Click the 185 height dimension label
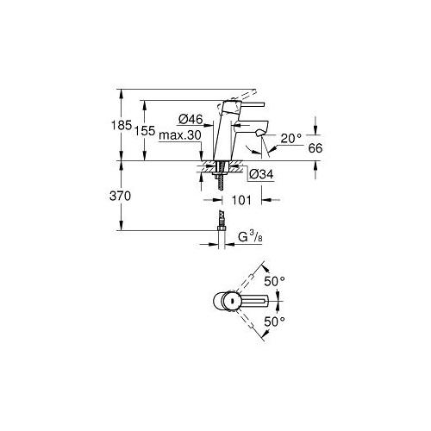122,125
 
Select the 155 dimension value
145,131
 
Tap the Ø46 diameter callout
191,119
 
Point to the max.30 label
180,135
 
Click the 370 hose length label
120,196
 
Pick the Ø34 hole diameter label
261,174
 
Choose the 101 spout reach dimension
241,200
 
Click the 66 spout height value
315,148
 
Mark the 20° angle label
291,139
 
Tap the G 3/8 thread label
250,237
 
